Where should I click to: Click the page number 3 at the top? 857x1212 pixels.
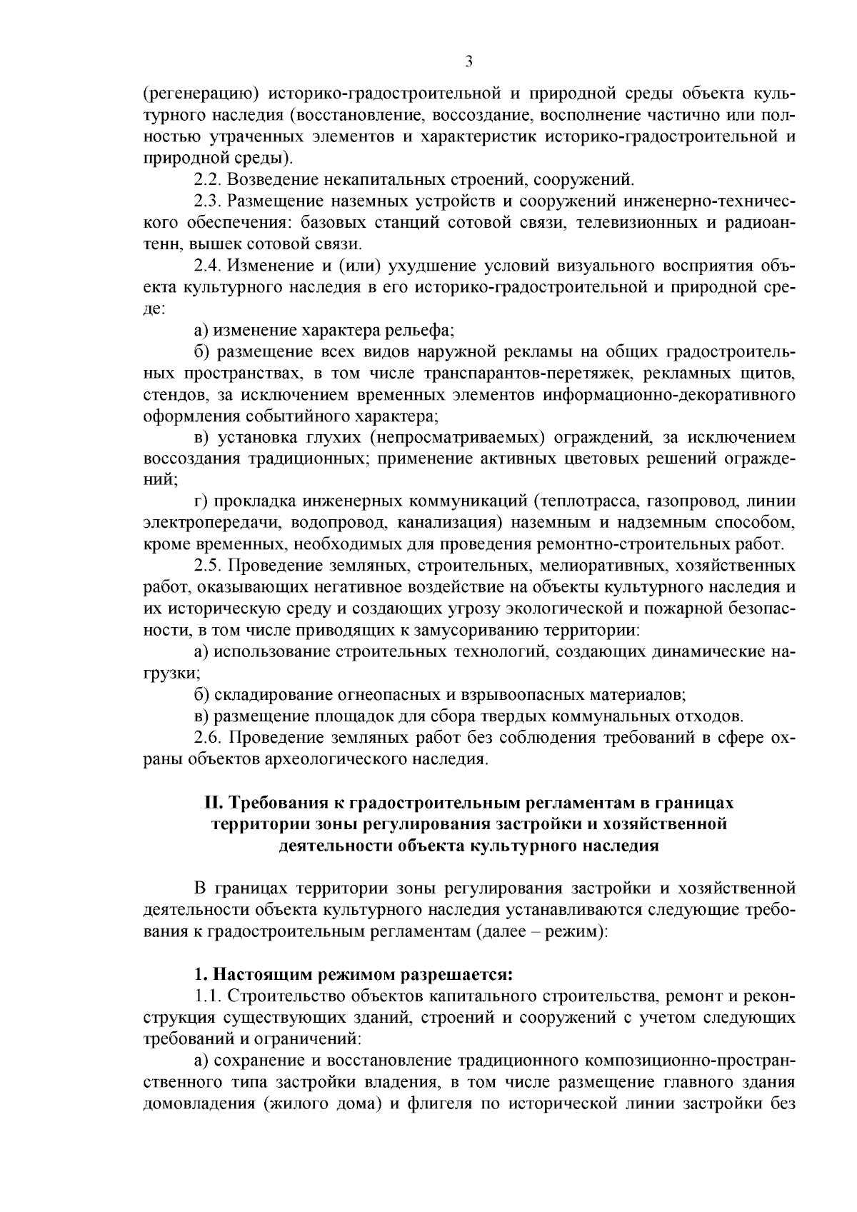click(x=469, y=61)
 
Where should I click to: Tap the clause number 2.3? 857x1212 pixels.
click(x=207, y=200)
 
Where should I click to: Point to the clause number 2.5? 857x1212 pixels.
click(x=207, y=566)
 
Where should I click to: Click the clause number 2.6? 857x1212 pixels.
click(x=207, y=737)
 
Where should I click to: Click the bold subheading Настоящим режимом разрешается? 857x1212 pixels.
click(x=364, y=974)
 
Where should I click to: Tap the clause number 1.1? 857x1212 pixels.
click(x=207, y=996)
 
